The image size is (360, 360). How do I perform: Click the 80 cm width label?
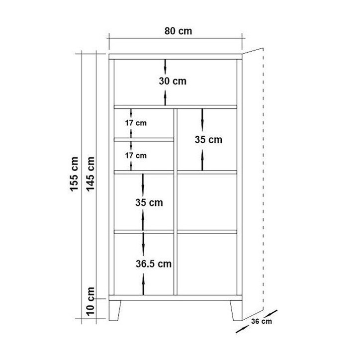pos(178,31)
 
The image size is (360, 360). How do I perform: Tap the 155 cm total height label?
pos(74,174)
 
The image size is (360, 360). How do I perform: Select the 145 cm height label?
pos(90,174)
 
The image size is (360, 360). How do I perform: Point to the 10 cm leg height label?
pos(90,301)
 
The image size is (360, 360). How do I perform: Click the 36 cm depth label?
pos(261,321)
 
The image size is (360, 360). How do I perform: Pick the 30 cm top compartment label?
pos(173,81)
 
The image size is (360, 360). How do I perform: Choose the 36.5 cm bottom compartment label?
pos(154,264)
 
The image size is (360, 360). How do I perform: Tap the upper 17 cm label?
pos(136,123)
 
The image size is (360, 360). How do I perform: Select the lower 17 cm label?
pos(136,156)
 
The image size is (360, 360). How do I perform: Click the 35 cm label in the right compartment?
pos(208,140)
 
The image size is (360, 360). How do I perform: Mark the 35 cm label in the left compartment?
pos(149,202)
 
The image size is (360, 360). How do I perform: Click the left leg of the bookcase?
pos(114,310)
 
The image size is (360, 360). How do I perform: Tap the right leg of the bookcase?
pos(236,310)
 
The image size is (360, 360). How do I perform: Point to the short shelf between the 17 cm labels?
pos(144,140)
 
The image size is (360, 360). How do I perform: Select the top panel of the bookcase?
pos(176,57)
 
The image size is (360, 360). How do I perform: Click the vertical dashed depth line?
pos(263,179)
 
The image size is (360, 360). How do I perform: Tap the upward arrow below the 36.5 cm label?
pos(143,284)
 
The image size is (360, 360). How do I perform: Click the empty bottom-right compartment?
pos(207,264)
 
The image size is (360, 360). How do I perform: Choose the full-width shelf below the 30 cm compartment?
pos(176,107)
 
